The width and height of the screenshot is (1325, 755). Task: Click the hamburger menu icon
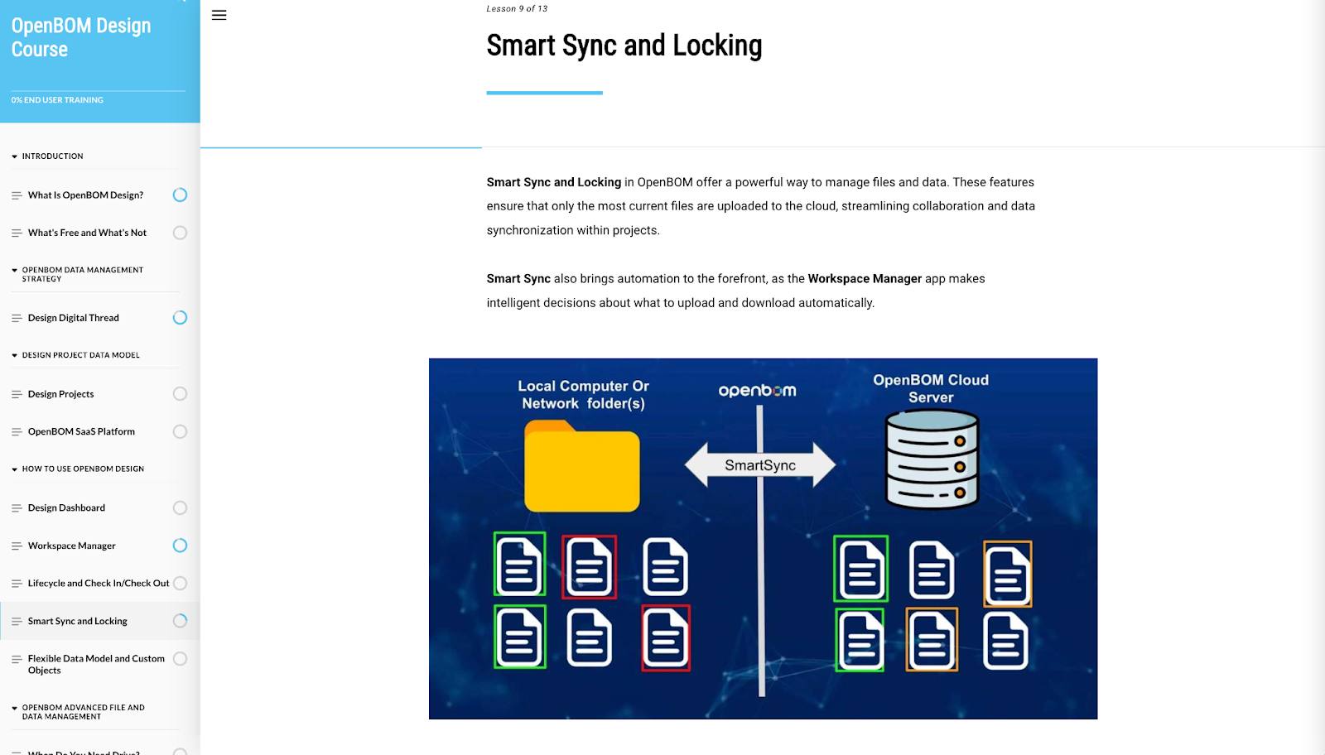219,15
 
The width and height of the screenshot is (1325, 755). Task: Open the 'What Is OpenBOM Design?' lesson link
85,195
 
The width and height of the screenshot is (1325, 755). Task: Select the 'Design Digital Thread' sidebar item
74,318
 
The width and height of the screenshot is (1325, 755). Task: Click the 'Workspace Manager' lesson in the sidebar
72,546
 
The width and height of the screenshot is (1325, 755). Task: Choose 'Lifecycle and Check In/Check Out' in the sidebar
99,584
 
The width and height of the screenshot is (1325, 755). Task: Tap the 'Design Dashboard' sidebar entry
66,508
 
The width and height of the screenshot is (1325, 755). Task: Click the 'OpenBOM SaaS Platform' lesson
81,431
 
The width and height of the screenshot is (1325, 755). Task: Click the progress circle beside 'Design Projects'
180,394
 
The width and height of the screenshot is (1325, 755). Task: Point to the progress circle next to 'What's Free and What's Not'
180,233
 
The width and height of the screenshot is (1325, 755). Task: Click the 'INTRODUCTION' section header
52,156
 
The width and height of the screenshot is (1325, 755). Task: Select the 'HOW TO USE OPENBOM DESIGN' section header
83,469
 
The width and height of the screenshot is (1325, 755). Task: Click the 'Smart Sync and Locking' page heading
624,46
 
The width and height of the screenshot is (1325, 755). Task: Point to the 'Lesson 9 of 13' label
517,9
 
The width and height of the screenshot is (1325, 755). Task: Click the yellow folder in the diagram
581,466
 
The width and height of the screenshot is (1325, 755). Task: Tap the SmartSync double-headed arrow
759,465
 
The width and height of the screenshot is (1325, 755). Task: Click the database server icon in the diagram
932,459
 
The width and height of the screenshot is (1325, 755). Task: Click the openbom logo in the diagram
757,391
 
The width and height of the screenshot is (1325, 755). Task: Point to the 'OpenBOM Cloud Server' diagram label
931,388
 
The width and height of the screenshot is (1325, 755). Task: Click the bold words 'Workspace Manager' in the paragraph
865,279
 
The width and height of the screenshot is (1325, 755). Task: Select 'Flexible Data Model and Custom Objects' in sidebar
96,665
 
